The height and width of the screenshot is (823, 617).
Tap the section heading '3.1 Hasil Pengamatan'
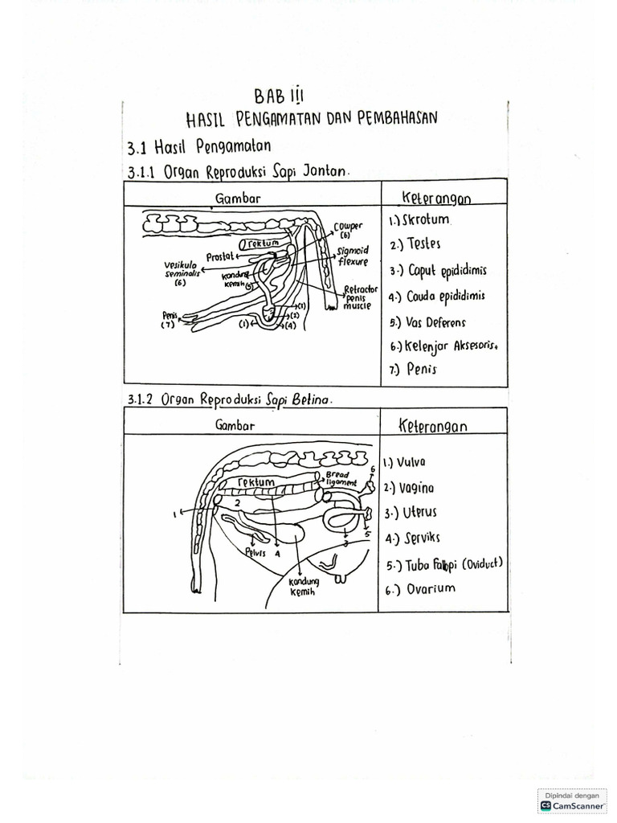pyautogui.click(x=198, y=147)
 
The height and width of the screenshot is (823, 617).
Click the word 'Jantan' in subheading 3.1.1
pyautogui.click(x=322, y=171)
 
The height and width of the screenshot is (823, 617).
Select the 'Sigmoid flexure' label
pyautogui.click(x=353, y=256)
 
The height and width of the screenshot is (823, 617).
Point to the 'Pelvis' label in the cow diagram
pyautogui.click(x=255, y=551)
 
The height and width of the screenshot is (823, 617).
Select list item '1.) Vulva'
pyautogui.click(x=405, y=462)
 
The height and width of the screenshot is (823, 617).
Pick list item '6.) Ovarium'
pyautogui.click(x=419, y=588)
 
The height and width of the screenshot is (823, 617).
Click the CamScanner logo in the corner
pyautogui.click(x=574, y=800)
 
